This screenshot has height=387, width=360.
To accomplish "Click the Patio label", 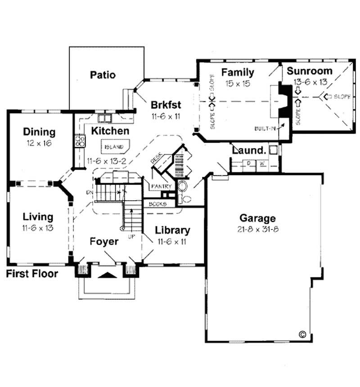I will click(103, 75).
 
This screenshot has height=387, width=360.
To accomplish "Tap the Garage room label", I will click(257, 219).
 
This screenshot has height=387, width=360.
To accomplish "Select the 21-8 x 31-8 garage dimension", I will click(257, 229).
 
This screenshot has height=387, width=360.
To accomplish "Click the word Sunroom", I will click(310, 71).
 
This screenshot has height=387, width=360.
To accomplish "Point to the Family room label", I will click(238, 72).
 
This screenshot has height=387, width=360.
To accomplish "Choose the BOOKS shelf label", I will click(158, 204).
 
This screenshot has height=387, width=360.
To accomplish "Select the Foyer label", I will click(103, 242).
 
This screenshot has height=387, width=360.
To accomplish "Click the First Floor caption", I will click(32, 274).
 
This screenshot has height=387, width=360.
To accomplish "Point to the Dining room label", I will click(39, 132).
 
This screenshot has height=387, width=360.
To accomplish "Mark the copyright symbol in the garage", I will click(302, 334).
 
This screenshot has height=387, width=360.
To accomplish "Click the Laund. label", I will click(247, 149).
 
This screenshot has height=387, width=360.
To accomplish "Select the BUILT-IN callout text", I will click(265, 129).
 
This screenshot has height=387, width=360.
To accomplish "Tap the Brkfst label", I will click(166, 105).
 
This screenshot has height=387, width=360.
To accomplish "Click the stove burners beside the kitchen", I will click(81, 141).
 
